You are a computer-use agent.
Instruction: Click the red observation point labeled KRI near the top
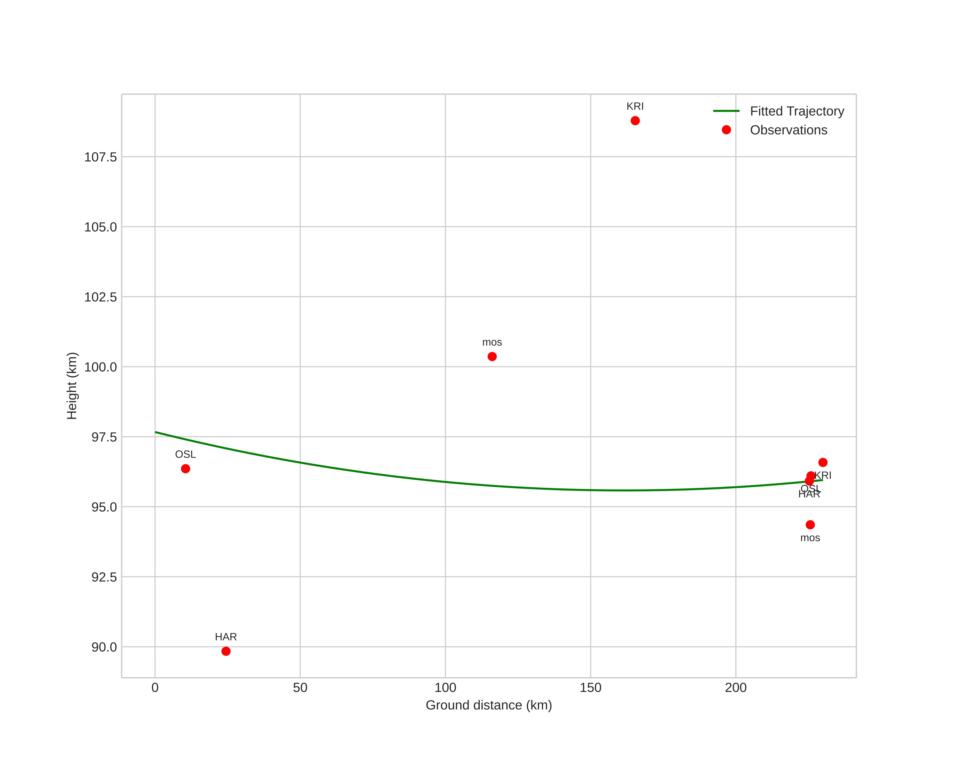(x=635, y=121)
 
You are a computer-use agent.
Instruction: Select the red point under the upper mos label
(x=492, y=356)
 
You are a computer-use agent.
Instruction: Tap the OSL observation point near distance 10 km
(x=185, y=469)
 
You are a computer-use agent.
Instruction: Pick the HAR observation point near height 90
(x=226, y=651)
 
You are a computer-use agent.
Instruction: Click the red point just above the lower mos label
(x=810, y=525)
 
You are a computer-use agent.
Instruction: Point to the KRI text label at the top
(x=635, y=106)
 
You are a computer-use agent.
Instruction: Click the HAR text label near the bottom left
(x=226, y=637)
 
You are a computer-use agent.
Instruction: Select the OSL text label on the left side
(x=185, y=454)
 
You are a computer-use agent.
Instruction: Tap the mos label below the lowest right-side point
(x=810, y=538)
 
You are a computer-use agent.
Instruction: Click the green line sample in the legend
(x=726, y=111)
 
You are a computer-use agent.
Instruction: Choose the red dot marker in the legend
(x=726, y=130)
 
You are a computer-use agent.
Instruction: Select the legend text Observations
(x=788, y=130)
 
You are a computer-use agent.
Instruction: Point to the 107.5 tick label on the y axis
(x=100, y=157)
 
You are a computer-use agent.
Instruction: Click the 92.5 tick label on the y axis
(x=104, y=577)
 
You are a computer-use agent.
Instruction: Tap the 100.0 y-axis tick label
(x=100, y=367)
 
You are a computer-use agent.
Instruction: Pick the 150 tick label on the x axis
(x=590, y=688)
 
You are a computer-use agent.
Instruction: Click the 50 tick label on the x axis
(x=300, y=688)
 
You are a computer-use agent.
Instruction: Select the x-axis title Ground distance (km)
(x=489, y=705)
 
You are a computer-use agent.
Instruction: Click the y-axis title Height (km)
(x=72, y=386)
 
